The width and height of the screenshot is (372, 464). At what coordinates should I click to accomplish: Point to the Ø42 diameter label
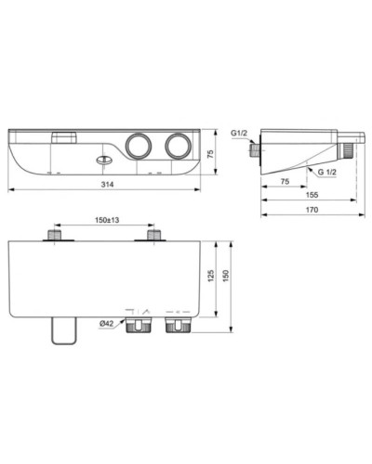coord(109,322)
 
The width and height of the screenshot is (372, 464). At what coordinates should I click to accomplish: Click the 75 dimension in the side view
coord(286,183)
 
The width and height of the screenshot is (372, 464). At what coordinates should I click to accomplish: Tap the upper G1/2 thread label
coord(239,134)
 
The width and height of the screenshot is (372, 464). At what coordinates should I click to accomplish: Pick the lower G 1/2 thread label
coord(326,173)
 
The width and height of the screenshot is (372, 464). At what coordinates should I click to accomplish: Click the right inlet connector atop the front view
coord(154,238)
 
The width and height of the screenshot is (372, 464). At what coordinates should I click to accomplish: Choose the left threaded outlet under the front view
coord(141,326)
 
